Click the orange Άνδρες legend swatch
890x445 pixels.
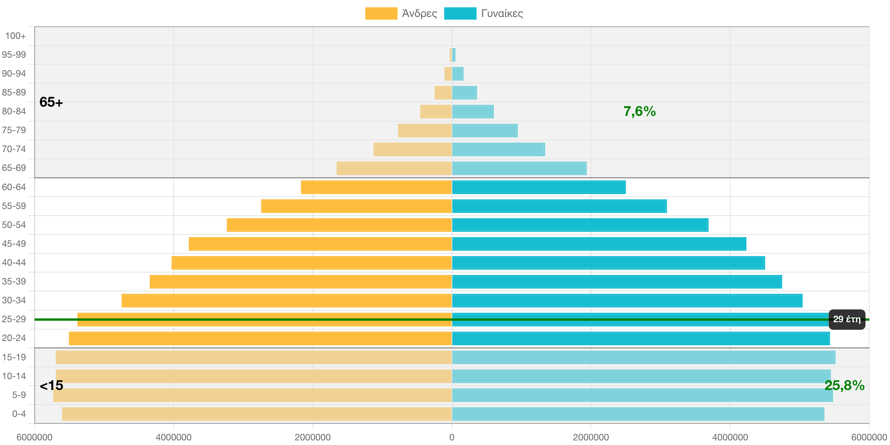381,13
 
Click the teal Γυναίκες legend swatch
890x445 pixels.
460,13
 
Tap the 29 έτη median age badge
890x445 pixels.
847,319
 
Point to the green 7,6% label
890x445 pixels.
639,111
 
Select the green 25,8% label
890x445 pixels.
844,385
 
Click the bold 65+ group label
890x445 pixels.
51,102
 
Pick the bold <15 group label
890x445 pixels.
51,385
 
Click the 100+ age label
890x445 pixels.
15,36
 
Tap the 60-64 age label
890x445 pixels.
14,187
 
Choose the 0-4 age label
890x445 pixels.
19,414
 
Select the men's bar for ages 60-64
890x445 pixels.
376,187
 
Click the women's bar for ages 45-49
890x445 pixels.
599,244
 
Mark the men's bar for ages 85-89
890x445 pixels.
443,92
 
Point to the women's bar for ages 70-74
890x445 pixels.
498,149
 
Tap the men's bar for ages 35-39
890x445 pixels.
300,282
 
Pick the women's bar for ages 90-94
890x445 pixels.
458,74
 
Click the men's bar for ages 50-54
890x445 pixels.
339,225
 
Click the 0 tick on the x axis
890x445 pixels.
452,437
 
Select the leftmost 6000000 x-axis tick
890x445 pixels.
35,437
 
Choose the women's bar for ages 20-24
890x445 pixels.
641,338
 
